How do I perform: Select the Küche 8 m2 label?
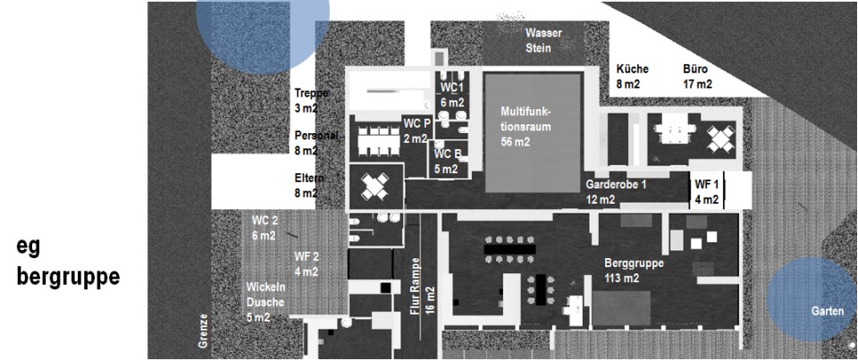632,76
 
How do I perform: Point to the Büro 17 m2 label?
697,76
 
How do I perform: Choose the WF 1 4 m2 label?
706,191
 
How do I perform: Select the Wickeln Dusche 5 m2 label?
265,301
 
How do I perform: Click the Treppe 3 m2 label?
312,100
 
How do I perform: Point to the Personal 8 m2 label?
316,143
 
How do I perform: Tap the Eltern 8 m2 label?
309,185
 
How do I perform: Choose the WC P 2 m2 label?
416,130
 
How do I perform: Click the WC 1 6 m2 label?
452,95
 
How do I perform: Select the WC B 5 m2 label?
448,161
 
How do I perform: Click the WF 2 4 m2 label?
307,264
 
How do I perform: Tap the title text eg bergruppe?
67,263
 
